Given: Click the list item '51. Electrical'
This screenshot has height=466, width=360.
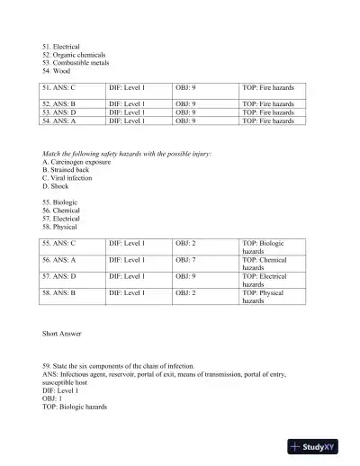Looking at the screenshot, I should [61, 46].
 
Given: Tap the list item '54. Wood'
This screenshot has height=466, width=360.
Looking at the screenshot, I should [56, 71].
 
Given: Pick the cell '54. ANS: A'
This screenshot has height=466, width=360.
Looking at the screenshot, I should [59, 120].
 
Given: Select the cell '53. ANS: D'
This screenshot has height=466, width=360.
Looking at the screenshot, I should [59, 112].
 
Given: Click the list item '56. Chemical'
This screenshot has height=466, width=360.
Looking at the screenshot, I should [61, 211].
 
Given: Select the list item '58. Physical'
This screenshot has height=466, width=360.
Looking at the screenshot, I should [61, 227].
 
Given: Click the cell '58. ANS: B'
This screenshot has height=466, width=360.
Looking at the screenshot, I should [59, 293].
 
